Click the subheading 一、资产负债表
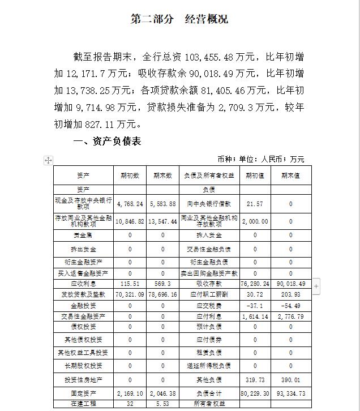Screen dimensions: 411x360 click(x=108, y=141)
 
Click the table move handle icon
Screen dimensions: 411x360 click(x=48, y=161)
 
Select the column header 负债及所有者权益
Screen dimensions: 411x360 click(x=209, y=175)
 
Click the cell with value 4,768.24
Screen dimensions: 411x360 click(x=130, y=204)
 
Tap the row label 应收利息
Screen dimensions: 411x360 click(x=83, y=282)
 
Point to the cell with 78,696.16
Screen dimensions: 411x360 click(x=162, y=294)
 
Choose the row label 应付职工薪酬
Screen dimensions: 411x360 click(x=209, y=294)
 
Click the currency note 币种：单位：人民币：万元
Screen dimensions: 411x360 click(x=261, y=159)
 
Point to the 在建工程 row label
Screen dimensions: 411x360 click(x=83, y=404)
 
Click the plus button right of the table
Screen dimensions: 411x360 click(x=316, y=286)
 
